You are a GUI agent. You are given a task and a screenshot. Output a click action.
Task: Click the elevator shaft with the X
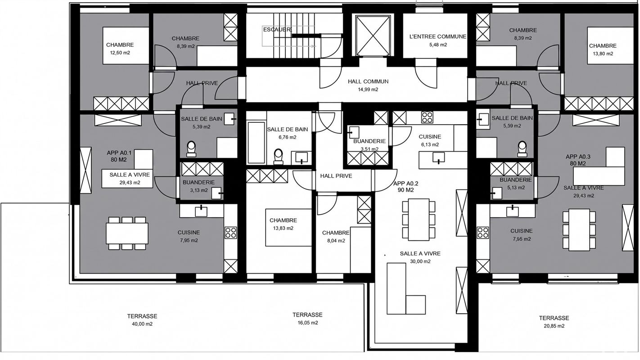373,36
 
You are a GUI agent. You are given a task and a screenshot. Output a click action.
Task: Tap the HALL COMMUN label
368,81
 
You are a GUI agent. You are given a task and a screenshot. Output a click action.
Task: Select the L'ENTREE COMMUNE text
438,36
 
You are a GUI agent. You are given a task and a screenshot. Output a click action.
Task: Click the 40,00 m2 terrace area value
142,324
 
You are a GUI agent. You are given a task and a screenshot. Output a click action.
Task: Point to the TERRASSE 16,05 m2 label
307,319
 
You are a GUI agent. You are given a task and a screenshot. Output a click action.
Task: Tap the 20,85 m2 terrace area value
554,326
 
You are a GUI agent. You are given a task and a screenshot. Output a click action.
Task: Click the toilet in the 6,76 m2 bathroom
278,157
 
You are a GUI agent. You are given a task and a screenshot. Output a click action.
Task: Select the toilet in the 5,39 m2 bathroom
191,149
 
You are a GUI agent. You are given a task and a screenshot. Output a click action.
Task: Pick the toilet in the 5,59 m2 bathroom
522,149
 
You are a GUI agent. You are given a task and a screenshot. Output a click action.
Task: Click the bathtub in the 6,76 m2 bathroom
256,143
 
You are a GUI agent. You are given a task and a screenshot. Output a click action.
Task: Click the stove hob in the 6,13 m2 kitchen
427,117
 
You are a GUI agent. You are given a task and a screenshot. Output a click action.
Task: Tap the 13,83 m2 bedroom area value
283,228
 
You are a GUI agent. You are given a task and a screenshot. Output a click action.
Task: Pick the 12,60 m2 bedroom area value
120,53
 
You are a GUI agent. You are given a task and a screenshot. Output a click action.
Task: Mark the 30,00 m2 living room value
420,261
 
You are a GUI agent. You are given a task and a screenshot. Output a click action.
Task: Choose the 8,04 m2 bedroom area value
336,241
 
